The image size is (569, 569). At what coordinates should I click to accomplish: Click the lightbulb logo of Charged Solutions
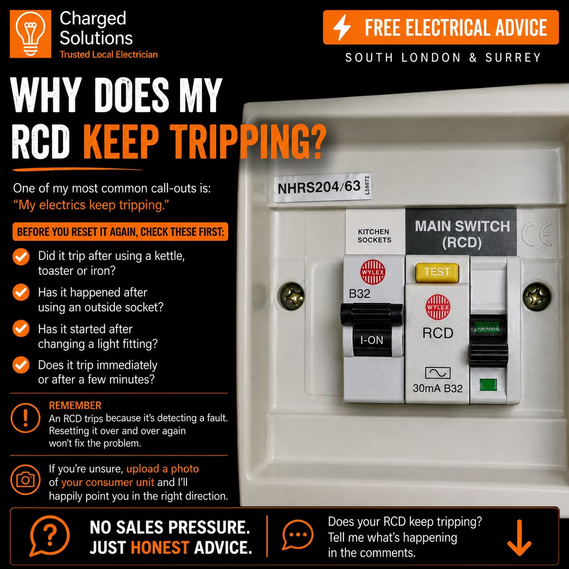tap(30, 34)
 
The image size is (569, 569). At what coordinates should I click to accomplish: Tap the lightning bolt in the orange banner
tap(342, 28)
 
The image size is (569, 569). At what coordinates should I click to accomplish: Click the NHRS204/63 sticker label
tap(323, 187)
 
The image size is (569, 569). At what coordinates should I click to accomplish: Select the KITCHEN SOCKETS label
tap(374, 235)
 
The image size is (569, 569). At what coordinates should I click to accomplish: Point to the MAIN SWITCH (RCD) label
tap(462, 235)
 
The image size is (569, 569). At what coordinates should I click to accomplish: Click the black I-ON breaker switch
tap(372, 330)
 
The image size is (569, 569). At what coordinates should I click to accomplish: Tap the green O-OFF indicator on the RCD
tap(487, 327)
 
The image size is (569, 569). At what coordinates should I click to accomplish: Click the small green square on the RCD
tap(488, 385)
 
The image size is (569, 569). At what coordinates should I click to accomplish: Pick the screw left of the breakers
tap(291, 296)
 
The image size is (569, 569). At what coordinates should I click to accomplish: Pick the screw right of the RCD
tap(537, 296)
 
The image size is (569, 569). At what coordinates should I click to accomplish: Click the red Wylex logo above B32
tap(373, 272)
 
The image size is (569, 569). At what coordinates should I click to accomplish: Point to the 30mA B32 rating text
tap(437, 388)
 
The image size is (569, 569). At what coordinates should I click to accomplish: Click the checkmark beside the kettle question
tap(21, 257)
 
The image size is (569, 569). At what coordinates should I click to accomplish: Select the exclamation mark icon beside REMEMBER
tap(25, 418)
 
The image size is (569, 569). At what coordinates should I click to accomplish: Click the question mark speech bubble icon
tap(49, 535)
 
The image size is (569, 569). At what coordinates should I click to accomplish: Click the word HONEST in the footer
tap(160, 547)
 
